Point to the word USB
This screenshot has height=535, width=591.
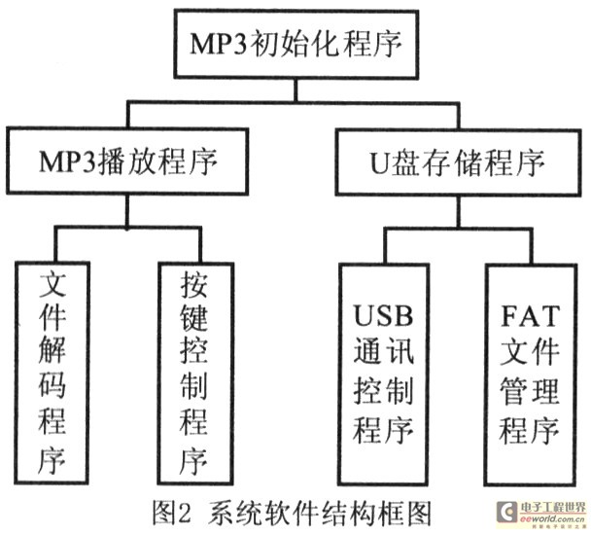point(383,315)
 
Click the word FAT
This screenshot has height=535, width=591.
point(530,315)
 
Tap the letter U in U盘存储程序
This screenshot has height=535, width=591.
point(380,163)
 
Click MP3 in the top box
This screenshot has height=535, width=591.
point(219,44)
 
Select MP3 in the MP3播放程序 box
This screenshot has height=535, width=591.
point(69,161)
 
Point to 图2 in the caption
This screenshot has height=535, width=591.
point(172,514)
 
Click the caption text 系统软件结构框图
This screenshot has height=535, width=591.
point(319,514)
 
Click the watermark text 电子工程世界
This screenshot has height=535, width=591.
point(553,508)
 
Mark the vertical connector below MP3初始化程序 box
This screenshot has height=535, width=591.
point(296,89)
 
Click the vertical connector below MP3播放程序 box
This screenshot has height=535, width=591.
point(127,211)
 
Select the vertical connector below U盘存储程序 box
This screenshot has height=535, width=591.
point(459,212)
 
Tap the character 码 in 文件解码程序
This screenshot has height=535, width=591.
point(52,385)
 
